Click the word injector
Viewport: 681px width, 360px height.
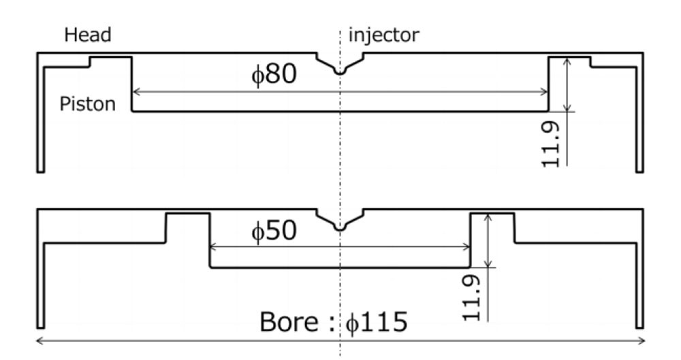(x=384, y=35)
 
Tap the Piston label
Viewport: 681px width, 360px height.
(x=87, y=104)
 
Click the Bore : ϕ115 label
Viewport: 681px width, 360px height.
(x=334, y=321)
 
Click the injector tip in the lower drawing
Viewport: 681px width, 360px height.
(x=340, y=228)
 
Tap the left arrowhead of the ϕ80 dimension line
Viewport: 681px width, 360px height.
(x=136, y=92)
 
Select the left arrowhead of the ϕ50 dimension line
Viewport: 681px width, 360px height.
(x=213, y=246)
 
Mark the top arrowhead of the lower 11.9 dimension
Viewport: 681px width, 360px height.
(x=488, y=217)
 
